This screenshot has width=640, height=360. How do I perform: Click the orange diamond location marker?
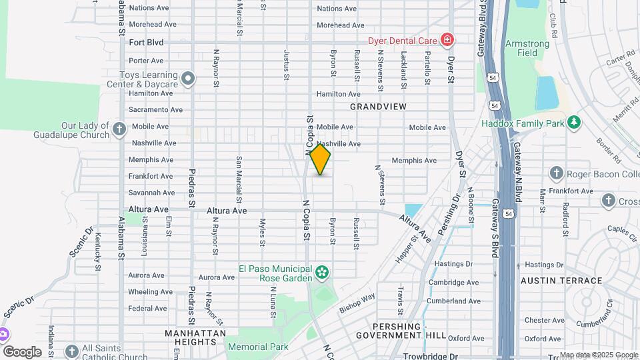(320, 159)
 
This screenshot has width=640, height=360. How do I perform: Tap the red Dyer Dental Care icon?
(446, 41)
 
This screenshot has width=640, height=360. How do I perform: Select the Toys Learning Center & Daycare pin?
(188, 79)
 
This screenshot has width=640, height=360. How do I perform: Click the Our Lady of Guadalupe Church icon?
(119, 129)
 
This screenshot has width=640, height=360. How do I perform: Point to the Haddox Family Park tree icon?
(573, 123)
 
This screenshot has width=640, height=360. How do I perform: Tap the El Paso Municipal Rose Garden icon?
(323, 272)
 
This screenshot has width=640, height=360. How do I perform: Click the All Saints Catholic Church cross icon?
(72, 351)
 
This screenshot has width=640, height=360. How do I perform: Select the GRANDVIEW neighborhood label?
(378, 107)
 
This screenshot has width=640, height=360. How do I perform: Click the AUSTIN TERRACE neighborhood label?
(561, 281)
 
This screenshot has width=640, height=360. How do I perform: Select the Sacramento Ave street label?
(155, 110)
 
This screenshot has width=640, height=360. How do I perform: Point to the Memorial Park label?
(258, 347)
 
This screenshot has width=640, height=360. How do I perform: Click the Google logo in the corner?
(22, 351)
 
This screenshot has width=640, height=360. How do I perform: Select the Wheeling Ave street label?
(150, 292)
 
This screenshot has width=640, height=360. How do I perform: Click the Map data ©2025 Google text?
(598, 355)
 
